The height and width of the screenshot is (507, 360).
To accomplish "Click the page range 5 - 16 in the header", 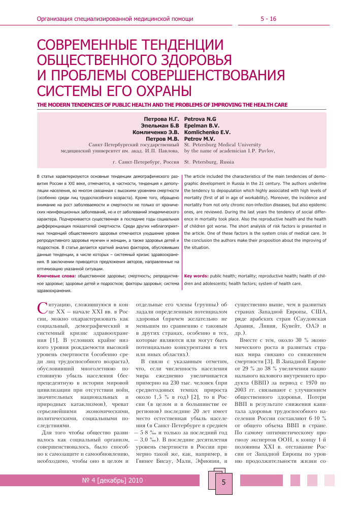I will coord(268,19).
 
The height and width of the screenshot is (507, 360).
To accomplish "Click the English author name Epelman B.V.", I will coord(201,125).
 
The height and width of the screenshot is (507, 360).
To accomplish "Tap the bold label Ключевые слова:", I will coord(57,275).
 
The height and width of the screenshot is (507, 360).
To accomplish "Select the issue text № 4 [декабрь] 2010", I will coord(113,480).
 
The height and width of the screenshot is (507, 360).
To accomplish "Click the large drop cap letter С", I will coord(43,307).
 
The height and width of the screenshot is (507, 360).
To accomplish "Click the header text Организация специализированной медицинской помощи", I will coord(115,19).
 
